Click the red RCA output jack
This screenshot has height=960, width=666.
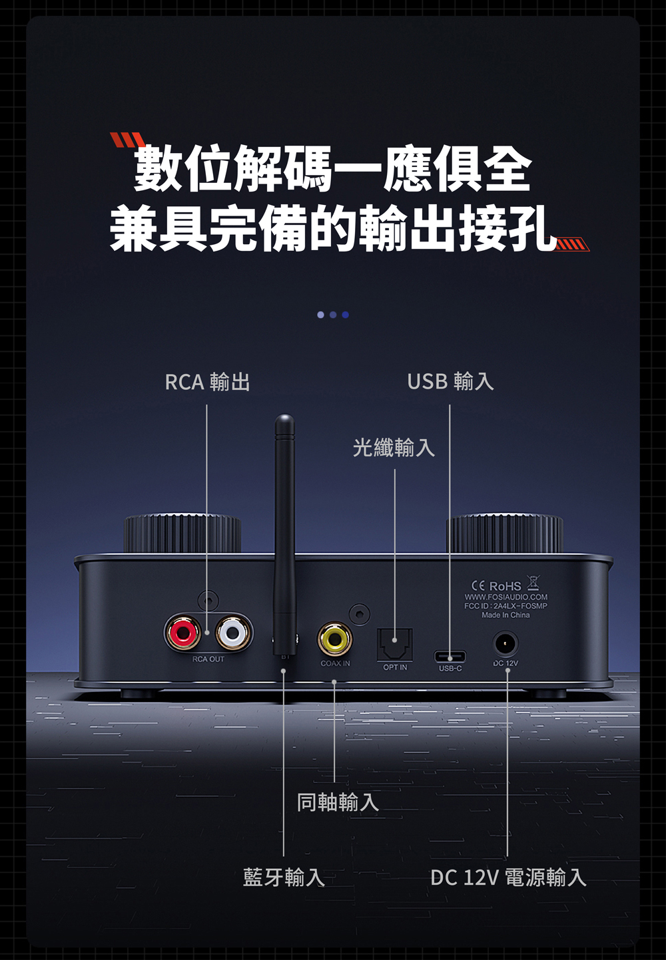tap(182, 632)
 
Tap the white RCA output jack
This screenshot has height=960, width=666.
tap(233, 632)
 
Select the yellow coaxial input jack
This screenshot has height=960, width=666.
tap(334, 639)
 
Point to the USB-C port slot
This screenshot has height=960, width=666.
tap(450, 657)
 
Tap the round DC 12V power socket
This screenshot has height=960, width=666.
tap(506, 645)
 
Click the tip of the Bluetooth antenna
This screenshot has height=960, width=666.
tap(284, 420)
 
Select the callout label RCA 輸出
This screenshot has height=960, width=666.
tap(207, 382)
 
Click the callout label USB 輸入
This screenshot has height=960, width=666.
tap(450, 381)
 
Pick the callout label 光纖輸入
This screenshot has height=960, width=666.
tap(394, 448)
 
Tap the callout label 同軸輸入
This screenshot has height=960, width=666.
tap(338, 802)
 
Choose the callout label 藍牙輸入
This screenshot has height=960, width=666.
tap(284, 878)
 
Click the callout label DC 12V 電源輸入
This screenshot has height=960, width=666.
tap(508, 878)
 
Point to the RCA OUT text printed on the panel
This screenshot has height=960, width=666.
tap(208, 659)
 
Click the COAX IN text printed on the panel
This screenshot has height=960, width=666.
tap(335, 663)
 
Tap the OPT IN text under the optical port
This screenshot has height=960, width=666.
tap(395, 667)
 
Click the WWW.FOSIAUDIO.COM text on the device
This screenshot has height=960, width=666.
tap(506, 597)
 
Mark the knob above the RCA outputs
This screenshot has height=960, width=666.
tap(182, 533)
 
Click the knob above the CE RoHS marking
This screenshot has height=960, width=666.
tap(505, 533)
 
